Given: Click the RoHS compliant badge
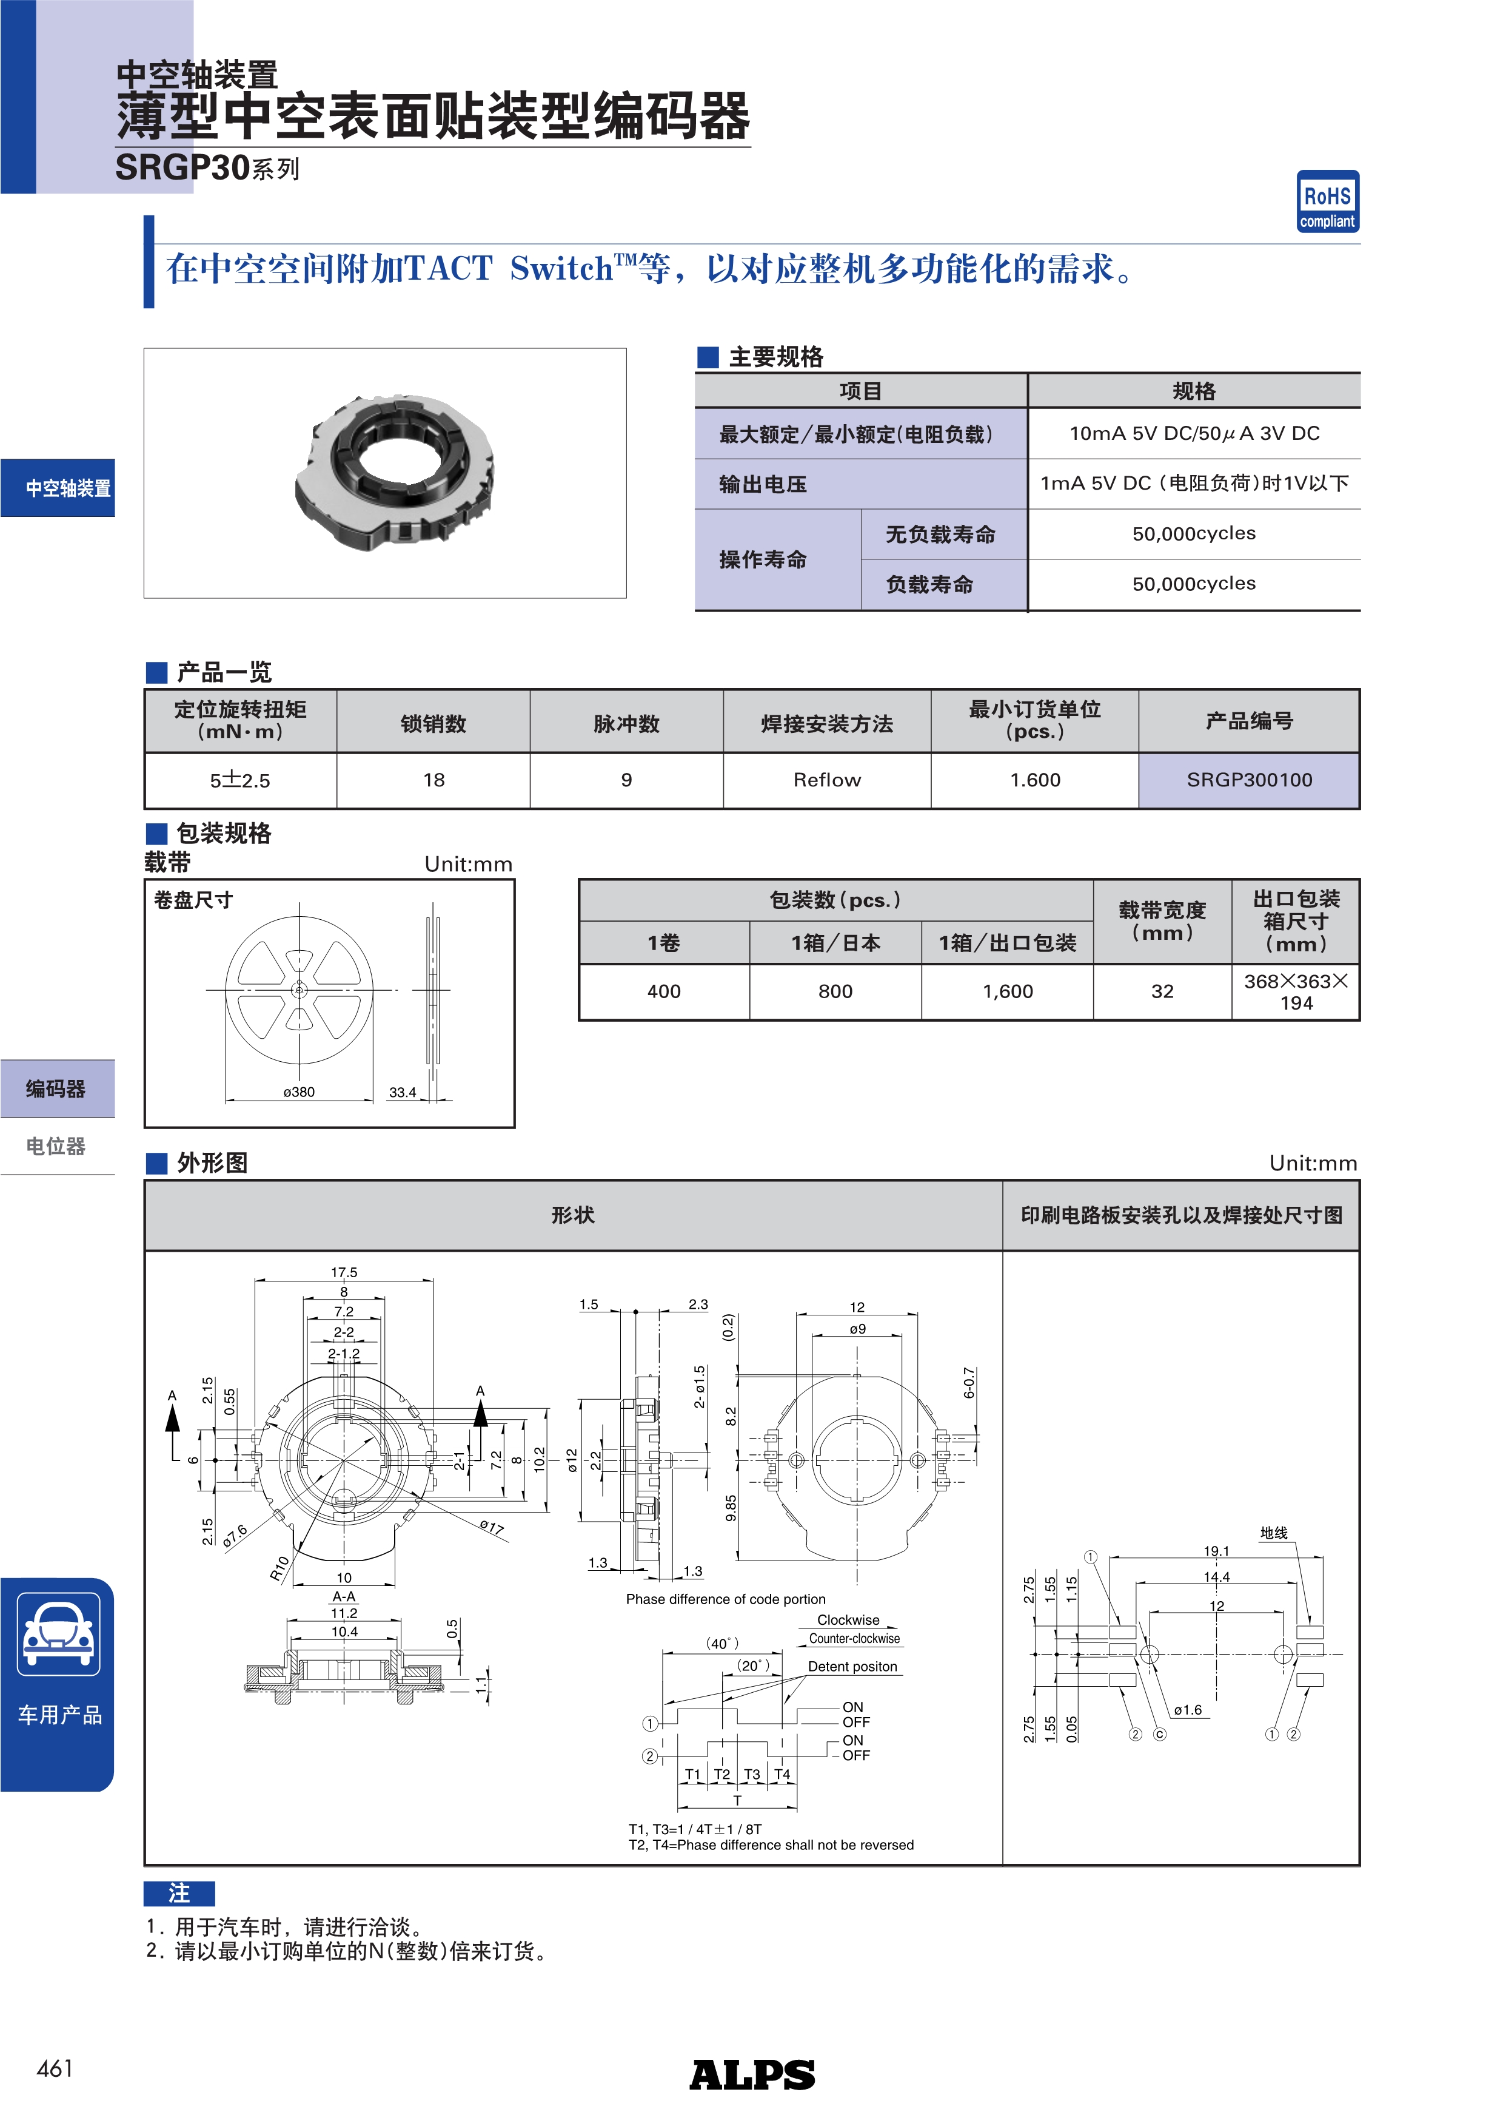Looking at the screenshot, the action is pos(1327,201).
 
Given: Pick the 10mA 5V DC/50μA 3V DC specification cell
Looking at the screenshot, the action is pos(1194,433).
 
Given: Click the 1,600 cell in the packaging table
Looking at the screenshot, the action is pos(1007,991).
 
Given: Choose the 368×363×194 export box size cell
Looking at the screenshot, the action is pos(1296,991).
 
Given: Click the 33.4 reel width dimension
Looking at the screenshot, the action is pos(403,1093).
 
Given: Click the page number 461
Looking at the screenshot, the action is pos(55,2068).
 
